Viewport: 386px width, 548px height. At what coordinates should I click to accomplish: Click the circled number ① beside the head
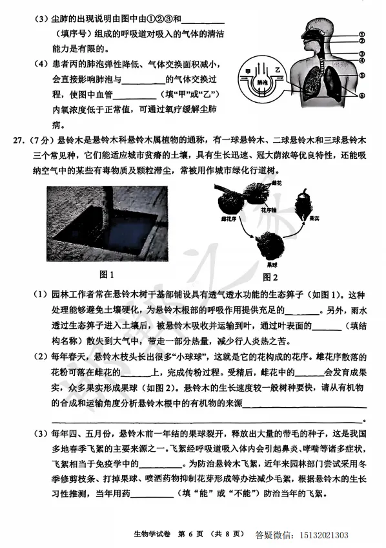[363, 35]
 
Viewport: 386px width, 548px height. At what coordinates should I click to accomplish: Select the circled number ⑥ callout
[363, 95]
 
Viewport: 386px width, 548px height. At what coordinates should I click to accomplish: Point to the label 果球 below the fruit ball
[272, 264]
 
